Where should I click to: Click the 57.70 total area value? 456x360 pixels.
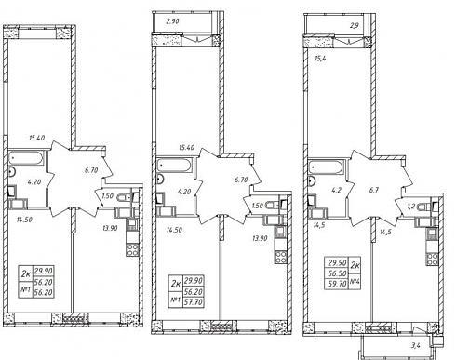(x=194, y=301)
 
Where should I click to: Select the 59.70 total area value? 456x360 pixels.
(x=337, y=284)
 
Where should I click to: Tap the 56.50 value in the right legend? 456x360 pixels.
(x=337, y=273)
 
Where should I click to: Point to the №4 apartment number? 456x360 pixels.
(x=355, y=282)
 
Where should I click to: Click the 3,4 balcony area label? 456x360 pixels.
(x=416, y=345)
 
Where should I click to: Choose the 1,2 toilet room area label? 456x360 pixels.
(x=411, y=207)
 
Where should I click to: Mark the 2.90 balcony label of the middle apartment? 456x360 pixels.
(x=172, y=21)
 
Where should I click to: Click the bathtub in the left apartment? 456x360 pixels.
(x=26, y=158)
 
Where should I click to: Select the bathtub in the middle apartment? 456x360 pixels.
(x=174, y=165)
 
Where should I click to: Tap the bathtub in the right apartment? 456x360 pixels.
(x=326, y=167)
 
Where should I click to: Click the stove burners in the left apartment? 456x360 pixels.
(x=132, y=249)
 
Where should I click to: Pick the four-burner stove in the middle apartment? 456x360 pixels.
(x=280, y=257)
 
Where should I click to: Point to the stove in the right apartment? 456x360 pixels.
(x=432, y=260)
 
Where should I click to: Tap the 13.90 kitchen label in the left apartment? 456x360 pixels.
(x=110, y=228)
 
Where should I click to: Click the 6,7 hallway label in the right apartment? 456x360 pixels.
(x=374, y=190)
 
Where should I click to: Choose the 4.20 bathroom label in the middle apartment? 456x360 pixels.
(x=184, y=192)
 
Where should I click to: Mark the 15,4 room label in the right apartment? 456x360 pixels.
(x=320, y=59)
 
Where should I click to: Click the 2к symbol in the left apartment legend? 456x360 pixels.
(x=26, y=273)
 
